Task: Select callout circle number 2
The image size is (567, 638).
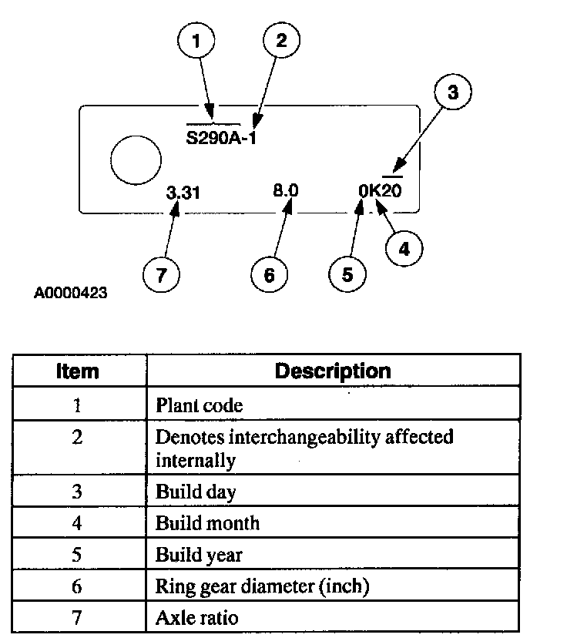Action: tap(280, 40)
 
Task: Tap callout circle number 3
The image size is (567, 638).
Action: tap(452, 93)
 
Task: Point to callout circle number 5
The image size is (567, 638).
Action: tap(347, 274)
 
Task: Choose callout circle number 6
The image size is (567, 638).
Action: tap(270, 274)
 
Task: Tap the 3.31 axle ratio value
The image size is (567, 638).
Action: tap(183, 193)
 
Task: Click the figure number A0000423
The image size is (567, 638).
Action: tap(70, 294)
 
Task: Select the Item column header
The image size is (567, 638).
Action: tap(78, 371)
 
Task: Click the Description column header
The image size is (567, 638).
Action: tap(333, 371)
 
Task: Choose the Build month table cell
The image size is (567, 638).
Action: tap(207, 523)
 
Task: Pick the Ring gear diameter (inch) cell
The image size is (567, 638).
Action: tap(263, 586)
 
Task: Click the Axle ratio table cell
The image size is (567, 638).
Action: tap(196, 617)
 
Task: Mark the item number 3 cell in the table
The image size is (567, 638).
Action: tap(78, 492)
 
